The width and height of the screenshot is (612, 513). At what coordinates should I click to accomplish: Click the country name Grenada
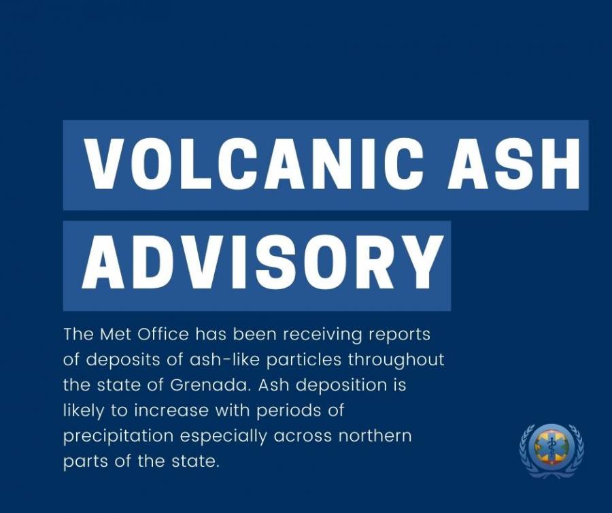point(210,385)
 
